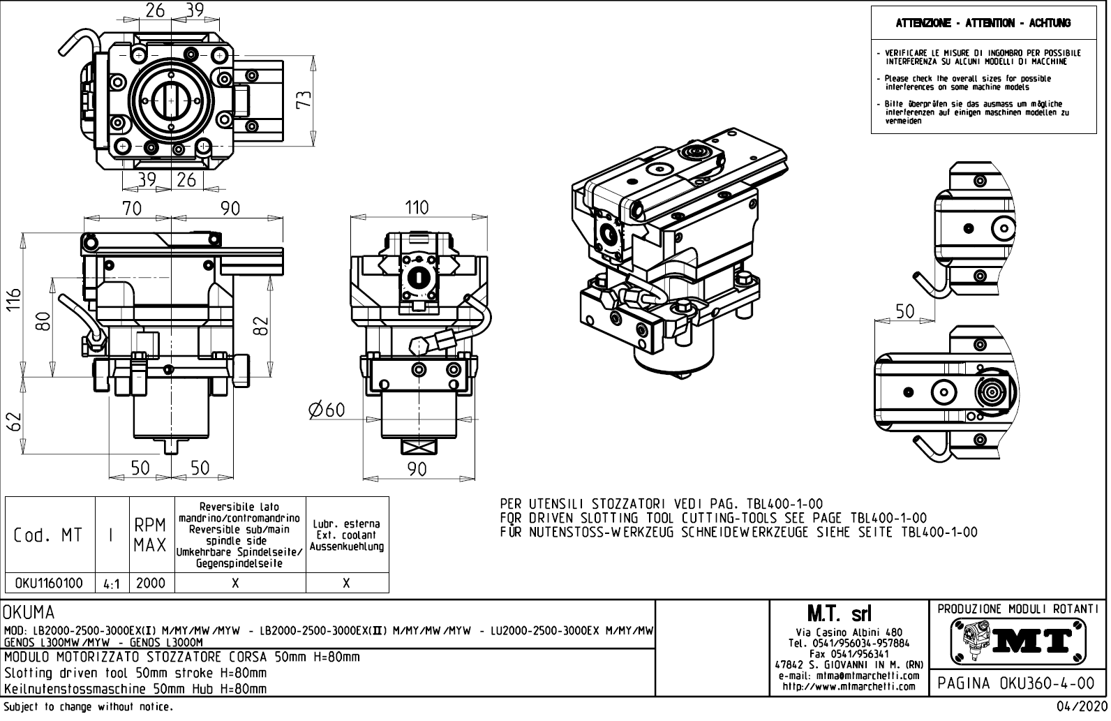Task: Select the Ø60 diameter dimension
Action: (x=327, y=410)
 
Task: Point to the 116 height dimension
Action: (x=13, y=302)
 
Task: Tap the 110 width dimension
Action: (x=417, y=208)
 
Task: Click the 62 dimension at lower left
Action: (x=13, y=422)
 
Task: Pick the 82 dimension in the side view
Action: (x=261, y=325)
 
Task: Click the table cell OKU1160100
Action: (x=49, y=583)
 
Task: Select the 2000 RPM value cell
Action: (x=151, y=583)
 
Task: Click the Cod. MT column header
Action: (x=49, y=535)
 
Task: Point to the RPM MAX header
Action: (x=150, y=535)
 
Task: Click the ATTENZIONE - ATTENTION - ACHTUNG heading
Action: (x=983, y=23)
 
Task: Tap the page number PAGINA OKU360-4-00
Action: (x=1016, y=683)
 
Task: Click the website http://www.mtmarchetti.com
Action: (x=849, y=687)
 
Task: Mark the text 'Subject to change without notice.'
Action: (x=89, y=707)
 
